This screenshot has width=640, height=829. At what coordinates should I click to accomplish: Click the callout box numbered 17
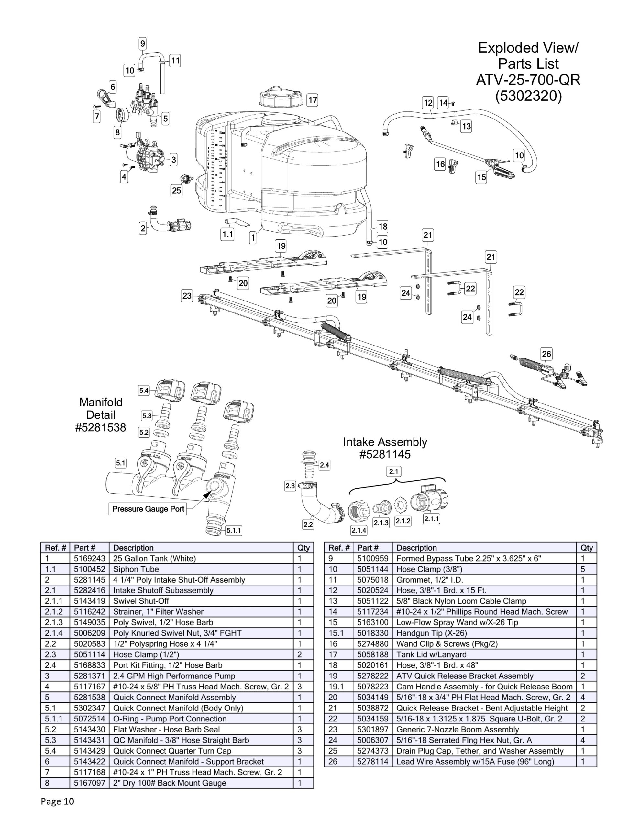pos(312,100)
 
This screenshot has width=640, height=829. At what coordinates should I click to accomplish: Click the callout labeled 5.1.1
pos(233,530)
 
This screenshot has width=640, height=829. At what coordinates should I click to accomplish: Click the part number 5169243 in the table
pos(89,558)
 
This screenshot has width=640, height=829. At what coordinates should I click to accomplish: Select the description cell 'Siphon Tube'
pos(136,569)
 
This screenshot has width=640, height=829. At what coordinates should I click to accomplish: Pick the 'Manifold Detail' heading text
pos(101,408)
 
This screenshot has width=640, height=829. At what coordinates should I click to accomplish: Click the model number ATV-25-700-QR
pos(528,80)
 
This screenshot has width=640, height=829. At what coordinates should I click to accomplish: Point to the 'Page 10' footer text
pos(57,801)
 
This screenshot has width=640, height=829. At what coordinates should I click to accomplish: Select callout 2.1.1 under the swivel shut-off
pos(431,518)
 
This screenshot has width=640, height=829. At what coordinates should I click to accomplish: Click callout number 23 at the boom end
pos(187,296)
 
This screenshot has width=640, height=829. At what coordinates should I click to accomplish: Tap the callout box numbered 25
pos(176,190)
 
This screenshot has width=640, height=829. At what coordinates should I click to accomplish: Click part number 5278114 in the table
pos(372,761)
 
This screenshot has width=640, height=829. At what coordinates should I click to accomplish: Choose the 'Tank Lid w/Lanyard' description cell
pos(431,654)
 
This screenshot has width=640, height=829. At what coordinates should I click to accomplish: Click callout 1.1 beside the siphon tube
pos(227,234)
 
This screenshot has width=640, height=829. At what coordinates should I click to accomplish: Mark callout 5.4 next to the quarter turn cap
pos(144,390)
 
